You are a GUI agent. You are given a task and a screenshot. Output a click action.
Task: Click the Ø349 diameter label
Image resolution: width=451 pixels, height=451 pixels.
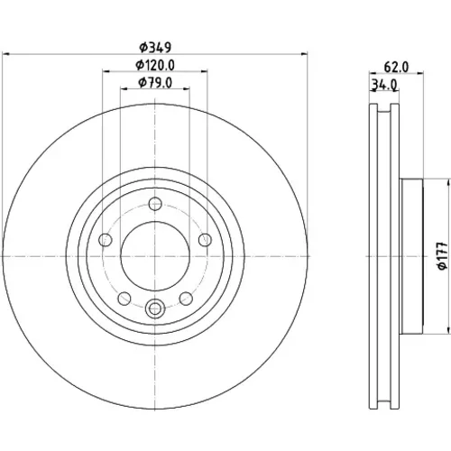tap(155, 47)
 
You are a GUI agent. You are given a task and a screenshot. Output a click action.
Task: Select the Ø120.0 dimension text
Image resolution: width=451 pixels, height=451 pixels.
tap(155, 65)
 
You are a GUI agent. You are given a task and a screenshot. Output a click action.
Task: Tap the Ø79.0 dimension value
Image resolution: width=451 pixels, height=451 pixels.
tap(155, 83)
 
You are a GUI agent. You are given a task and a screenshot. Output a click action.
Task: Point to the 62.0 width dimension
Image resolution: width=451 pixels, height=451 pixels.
tap(396, 67)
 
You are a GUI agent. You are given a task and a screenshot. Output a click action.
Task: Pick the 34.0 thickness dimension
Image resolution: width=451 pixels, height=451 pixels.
tap(384, 85)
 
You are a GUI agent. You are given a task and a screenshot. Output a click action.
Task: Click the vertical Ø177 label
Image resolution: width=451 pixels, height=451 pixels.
tap(443, 255)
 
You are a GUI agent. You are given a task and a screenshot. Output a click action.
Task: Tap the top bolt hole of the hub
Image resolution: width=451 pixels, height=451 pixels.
tap(155, 204)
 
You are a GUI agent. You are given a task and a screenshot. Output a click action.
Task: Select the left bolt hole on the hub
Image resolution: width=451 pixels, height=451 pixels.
tap(106, 240)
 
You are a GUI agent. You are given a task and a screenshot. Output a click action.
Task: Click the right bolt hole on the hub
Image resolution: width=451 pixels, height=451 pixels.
tap(205, 240)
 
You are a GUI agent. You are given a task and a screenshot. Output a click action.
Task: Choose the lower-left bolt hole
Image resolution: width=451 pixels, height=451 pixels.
tap(124, 299)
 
